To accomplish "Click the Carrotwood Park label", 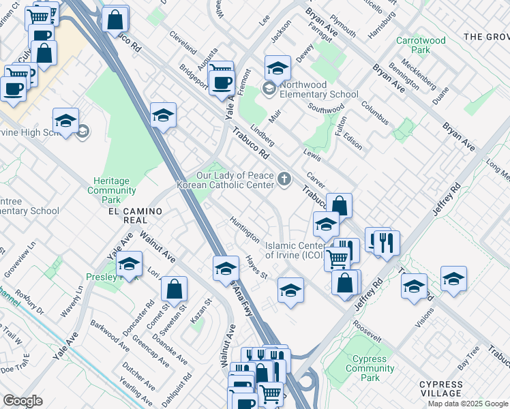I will (x=421, y=46).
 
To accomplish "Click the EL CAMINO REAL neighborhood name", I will (x=135, y=212).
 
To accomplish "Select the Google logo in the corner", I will (x=22, y=401).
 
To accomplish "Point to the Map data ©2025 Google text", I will (x=468, y=404).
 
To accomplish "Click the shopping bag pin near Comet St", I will (x=175, y=288).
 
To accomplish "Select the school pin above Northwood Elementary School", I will (x=277, y=68).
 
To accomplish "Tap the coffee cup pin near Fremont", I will (x=221, y=82).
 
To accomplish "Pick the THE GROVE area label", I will (x=485, y=36).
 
